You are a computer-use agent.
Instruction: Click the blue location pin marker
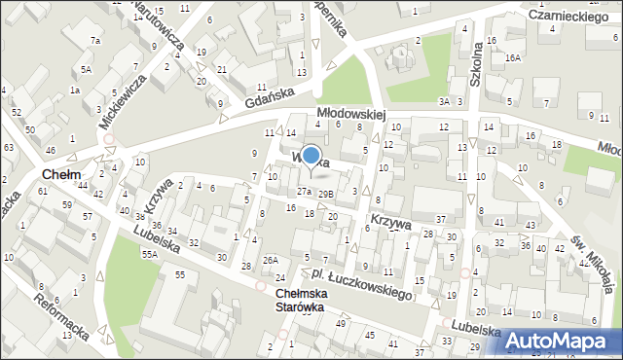(x=311, y=157)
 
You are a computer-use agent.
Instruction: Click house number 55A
(x=149, y=253)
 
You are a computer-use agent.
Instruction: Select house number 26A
(x=270, y=260)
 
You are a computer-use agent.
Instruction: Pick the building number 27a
(x=305, y=192)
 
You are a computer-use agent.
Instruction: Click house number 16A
(x=513, y=58)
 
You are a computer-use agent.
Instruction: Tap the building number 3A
(x=444, y=101)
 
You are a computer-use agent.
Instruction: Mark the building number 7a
(x=95, y=40)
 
